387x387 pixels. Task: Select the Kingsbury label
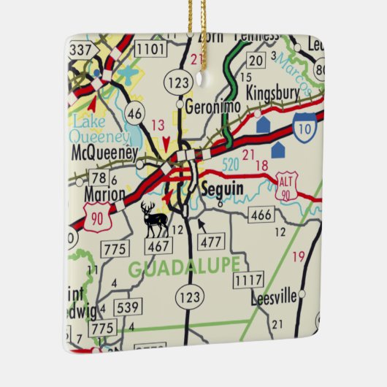click(x=273, y=94)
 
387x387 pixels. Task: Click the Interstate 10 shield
click(x=304, y=128)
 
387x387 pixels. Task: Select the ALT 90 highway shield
click(x=286, y=184)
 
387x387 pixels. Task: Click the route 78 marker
click(x=99, y=177)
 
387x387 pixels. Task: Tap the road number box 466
click(x=261, y=214)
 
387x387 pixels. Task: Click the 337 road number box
click(x=82, y=50)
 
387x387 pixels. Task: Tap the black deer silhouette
click(x=155, y=219)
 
